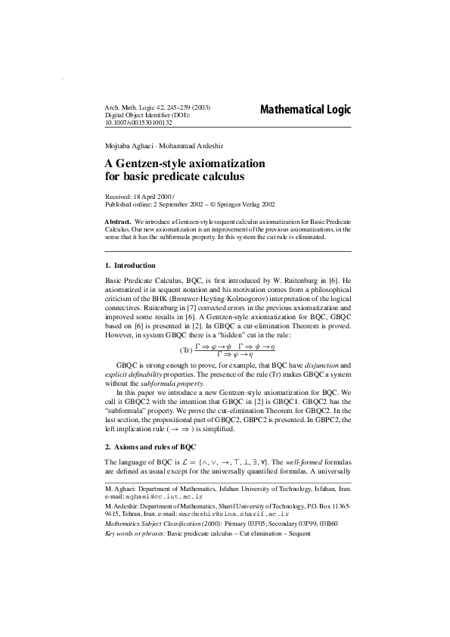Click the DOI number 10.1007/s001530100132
[x=138, y=123]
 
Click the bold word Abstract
[x=117, y=220]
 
